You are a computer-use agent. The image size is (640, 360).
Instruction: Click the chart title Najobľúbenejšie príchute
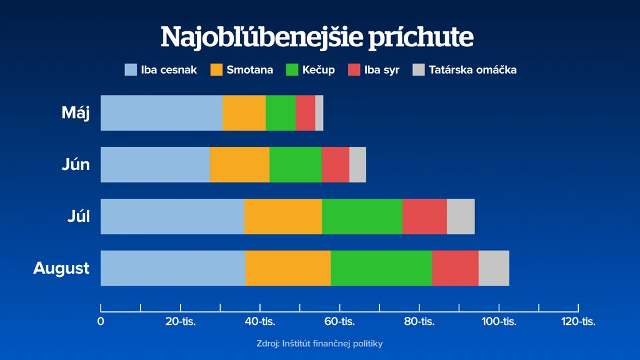point(317,37)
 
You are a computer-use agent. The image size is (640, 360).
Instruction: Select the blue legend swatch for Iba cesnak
point(131,70)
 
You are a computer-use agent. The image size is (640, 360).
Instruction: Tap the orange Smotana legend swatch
point(216,70)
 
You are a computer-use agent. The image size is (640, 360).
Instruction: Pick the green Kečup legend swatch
point(292,70)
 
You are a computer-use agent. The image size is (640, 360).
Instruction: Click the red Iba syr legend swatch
point(354,70)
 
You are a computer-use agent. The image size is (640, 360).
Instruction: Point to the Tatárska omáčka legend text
point(472,70)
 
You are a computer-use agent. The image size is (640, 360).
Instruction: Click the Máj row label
point(76,113)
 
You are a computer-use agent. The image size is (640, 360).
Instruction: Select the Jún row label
point(76,164)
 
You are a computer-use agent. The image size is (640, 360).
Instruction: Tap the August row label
point(61,269)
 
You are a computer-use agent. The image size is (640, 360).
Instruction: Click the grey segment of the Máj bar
point(319,113)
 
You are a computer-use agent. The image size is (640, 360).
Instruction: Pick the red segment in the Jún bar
point(336,164)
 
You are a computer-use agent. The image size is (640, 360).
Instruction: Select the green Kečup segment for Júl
point(362,216)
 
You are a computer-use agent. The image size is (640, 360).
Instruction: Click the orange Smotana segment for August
point(288,268)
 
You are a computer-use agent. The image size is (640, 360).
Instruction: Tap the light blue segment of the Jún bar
point(156,164)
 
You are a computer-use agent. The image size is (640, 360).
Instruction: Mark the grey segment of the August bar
point(494,268)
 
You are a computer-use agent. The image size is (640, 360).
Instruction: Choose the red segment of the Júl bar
point(424,216)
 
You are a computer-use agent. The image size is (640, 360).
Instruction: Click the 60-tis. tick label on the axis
point(339,322)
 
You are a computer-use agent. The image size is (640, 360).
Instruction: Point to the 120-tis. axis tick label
point(578,322)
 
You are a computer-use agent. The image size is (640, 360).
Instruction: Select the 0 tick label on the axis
point(101,322)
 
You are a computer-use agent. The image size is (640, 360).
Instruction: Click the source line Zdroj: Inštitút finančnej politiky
point(319,344)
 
